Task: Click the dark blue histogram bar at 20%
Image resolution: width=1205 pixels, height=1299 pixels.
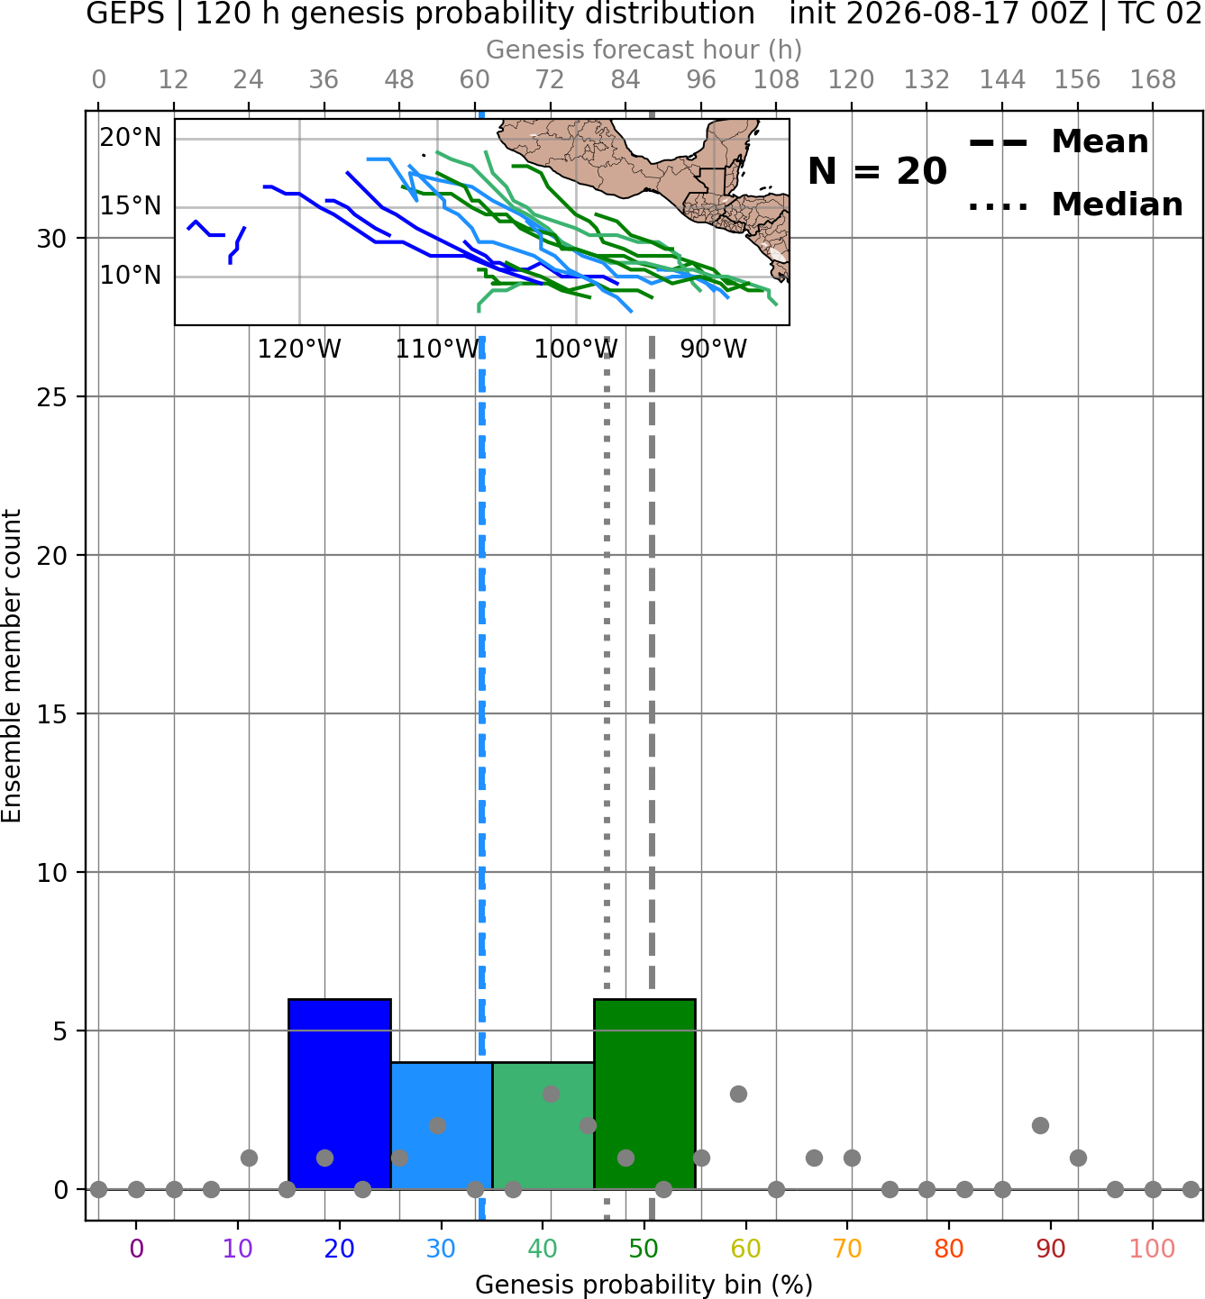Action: point(340,1095)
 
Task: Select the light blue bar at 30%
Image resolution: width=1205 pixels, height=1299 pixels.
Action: point(441,1126)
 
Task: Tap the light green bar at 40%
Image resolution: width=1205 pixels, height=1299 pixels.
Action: point(543,1126)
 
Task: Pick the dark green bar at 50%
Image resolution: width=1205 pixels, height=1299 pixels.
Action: point(644,1095)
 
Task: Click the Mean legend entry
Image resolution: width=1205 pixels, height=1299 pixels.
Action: point(1058,142)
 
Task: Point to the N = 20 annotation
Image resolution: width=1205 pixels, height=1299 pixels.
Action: point(877,171)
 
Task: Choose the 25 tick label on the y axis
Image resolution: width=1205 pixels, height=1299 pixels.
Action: point(52,397)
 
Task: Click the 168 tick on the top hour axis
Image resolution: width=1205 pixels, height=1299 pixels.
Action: point(1153,80)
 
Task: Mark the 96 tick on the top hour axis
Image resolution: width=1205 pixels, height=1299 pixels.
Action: point(701,80)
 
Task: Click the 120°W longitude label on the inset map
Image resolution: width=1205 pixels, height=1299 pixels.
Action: point(299,350)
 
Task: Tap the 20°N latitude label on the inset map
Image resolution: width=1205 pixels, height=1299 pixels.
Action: point(131,138)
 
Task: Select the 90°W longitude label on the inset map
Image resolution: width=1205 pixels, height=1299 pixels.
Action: point(714,350)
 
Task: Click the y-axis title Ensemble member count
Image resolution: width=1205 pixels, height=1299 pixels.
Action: point(12,666)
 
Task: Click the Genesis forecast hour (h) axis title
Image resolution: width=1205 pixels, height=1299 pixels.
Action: point(644,50)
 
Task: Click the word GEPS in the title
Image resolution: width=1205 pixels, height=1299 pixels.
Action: point(125,14)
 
